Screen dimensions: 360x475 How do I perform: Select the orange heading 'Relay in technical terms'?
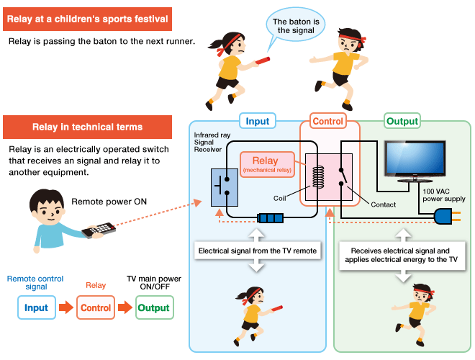[87, 127]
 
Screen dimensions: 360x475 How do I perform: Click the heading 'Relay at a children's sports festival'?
[87, 19]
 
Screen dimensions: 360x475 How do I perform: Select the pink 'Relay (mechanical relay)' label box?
[267, 163]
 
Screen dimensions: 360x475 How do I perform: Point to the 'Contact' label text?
[383, 204]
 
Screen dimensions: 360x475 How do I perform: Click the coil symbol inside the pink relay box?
[319, 176]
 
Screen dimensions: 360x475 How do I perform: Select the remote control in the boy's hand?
[98, 230]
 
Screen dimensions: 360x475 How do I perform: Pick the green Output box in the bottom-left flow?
[153, 307]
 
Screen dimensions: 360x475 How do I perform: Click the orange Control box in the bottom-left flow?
[95, 307]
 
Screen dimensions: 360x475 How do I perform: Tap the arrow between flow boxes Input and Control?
[65, 307]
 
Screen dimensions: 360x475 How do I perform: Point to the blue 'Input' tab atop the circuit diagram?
[257, 121]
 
